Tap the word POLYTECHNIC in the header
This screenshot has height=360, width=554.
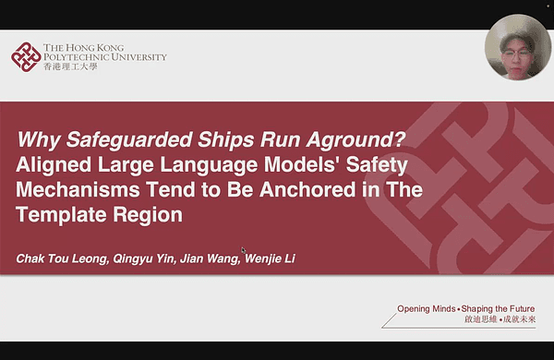[78, 56]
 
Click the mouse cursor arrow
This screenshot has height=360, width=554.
[244, 250]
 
